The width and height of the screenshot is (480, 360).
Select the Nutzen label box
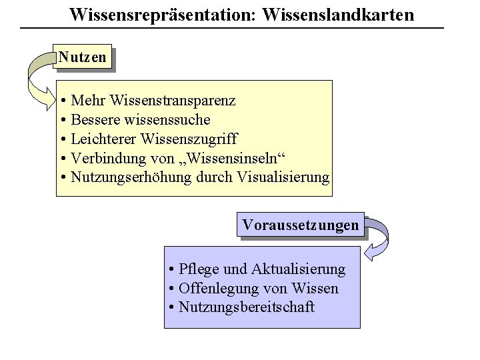tap(81, 57)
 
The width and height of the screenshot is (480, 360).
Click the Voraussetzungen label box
tap(300, 225)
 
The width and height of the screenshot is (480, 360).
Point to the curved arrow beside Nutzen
tap(37, 77)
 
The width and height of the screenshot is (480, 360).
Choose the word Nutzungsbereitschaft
tap(247, 308)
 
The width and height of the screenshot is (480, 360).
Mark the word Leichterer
tap(102, 139)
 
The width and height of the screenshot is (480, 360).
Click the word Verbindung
tap(104, 159)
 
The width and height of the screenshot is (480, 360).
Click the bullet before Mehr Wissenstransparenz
tap(61, 101)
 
